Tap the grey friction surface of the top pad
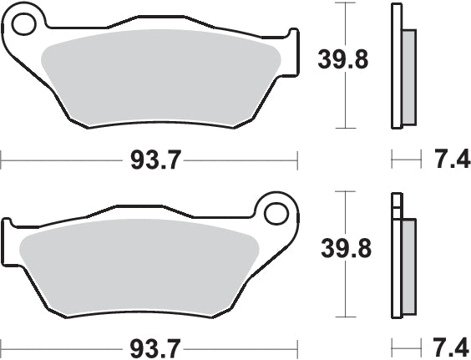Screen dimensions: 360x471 point(159,79)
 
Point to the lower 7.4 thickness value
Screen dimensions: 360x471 point(449,346)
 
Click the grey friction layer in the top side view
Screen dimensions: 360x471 point(408,75)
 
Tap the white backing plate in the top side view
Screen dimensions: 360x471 point(395,67)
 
